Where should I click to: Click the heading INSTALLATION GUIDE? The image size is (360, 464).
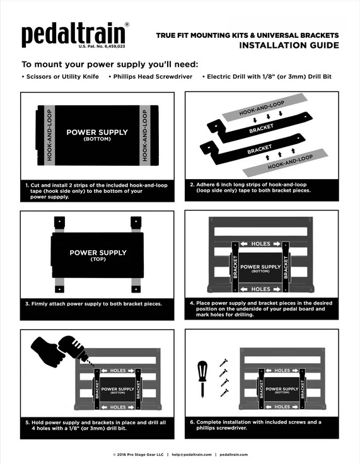pos(289,45)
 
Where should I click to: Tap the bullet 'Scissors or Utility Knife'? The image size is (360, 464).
pos(61,76)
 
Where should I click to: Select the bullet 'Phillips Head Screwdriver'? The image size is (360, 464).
pos(152,76)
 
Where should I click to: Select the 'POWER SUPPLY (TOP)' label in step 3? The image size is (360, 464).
pos(98,255)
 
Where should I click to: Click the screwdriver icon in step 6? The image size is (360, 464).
pos(202,376)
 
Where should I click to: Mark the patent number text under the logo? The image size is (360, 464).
pos(102,47)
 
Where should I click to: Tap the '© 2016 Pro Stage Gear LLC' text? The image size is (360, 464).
pos(138,455)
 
